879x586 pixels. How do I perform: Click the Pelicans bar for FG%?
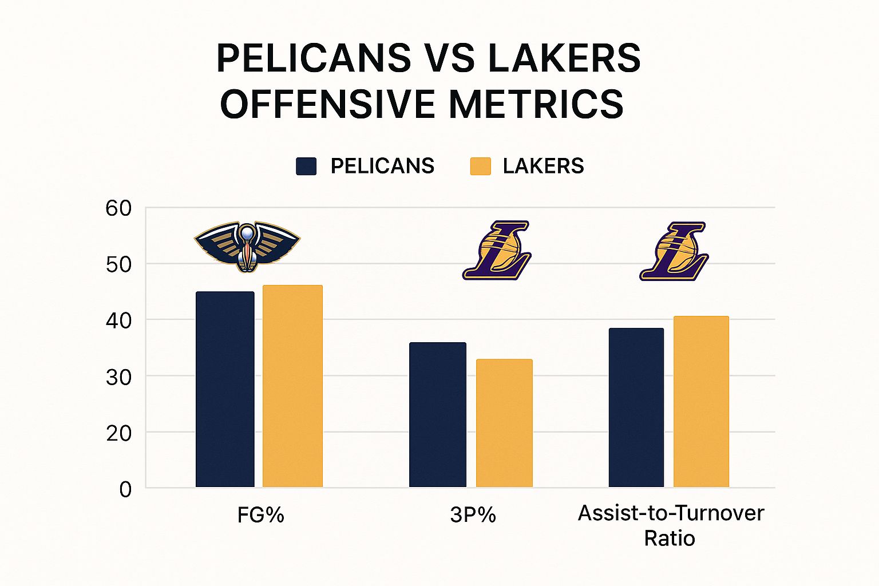[225, 389]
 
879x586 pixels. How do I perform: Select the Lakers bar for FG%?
[292, 386]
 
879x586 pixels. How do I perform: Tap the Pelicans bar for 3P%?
[438, 415]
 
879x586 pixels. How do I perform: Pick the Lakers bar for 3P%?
[504, 423]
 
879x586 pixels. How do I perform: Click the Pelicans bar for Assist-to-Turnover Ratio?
[636, 407]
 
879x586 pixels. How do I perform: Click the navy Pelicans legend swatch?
[306, 166]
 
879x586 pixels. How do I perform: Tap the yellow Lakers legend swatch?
[480, 166]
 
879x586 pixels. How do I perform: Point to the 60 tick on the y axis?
[118, 208]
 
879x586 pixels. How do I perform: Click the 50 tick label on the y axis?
[118, 264]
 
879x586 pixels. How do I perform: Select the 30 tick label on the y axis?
[118, 377]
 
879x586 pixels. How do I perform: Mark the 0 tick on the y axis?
[125, 490]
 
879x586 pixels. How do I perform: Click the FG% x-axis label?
[261, 515]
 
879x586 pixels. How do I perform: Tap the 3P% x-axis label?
[473, 515]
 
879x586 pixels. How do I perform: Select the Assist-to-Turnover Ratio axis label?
[671, 525]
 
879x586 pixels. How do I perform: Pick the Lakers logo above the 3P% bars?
[497, 250]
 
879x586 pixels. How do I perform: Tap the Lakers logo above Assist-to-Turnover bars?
[674, 251]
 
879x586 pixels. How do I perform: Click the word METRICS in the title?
[536, 104]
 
